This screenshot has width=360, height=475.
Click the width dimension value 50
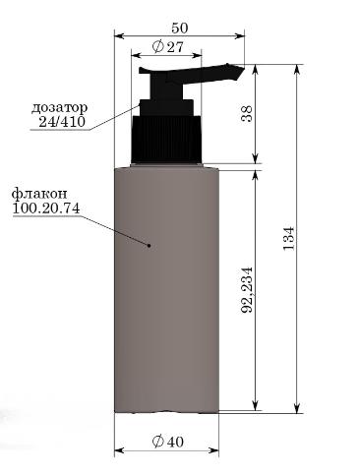tap(180, 28)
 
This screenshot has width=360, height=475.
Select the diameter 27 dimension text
tap(167, 47)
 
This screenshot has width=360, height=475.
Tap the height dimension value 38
tap(247, 113)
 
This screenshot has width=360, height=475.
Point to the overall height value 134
tap(289, 238)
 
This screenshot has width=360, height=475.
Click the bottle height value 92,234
tap(247, 289)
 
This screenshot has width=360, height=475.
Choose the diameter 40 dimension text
tap(168, 442)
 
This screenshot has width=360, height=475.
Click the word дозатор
tap(59, 107)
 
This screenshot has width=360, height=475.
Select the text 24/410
tap(62, 122)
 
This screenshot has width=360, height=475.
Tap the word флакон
tap(39, 194)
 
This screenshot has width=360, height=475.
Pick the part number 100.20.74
tap(46, 208)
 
